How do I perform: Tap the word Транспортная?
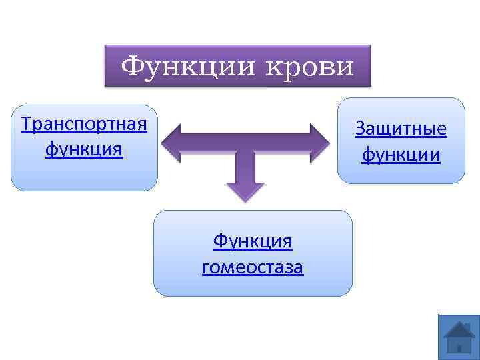(x=84, y=125)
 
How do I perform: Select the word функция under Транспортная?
(x=84, y=149)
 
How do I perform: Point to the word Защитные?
(x=401, y=128)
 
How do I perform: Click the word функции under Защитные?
(x=401, y=155)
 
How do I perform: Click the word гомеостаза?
(x=253, y=267)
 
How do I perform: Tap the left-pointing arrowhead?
(x=171, y=142)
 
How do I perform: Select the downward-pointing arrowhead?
(x=245, y=191)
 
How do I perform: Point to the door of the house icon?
(x=459, y=346)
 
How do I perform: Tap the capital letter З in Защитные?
(x=361, y=128)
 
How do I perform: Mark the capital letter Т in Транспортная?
(x=27, y=125)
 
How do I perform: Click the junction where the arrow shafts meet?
(x=245, y=143)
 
